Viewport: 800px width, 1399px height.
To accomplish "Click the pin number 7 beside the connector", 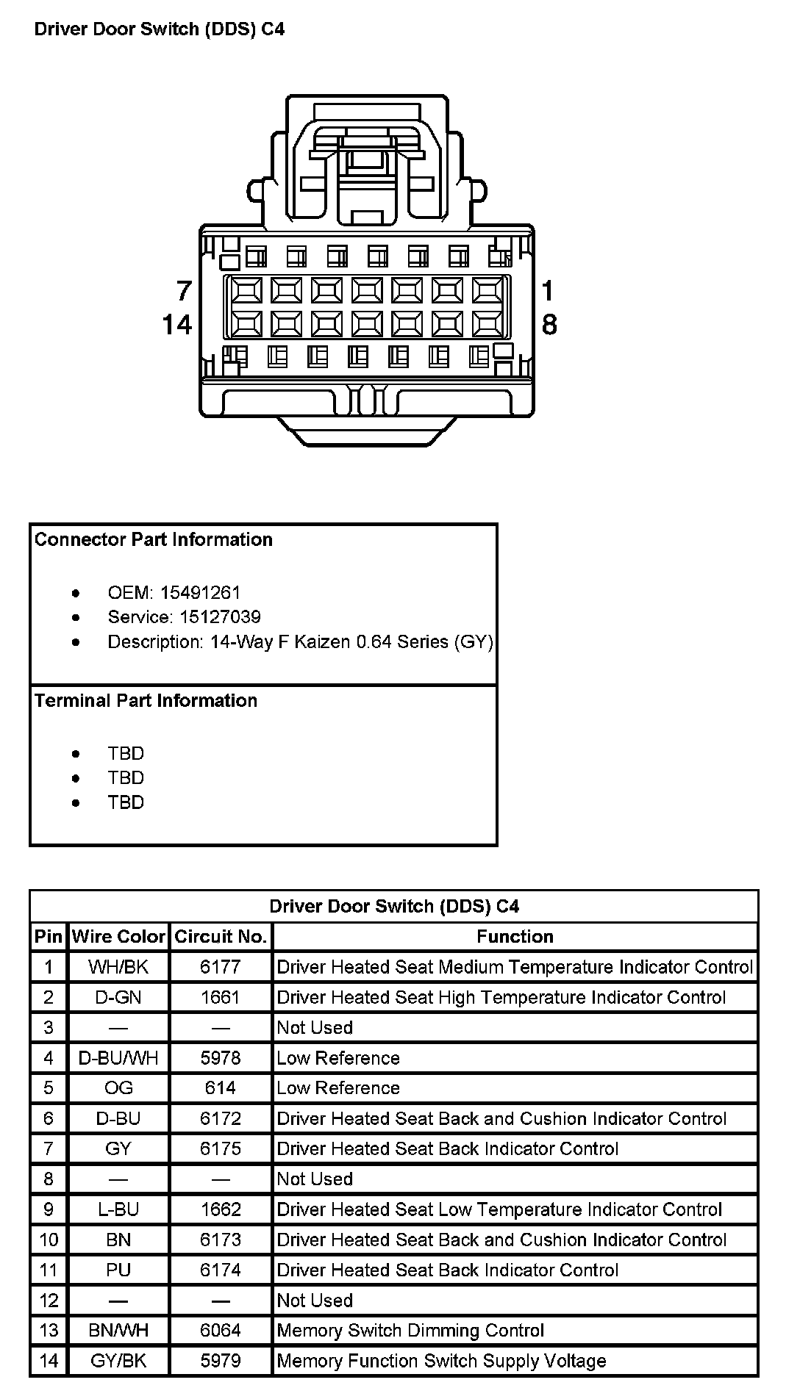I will pyautogui.click(x=184, y=291).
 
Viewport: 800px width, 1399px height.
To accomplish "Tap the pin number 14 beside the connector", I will pyautogui.click(x=177, y=324).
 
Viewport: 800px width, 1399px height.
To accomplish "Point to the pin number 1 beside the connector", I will pyautogui.click(x=547, y=291).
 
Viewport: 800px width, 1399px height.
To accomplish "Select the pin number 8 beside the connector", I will pyautogui.click(x=549, y=324).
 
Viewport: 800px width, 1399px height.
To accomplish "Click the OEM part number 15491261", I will pyautogui.click(x=200, y=592).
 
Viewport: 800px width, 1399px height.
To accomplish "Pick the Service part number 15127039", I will pyautogui.click(x=221, y=616).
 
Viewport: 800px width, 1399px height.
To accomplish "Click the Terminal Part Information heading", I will pyautogui.click(x=146, y=700).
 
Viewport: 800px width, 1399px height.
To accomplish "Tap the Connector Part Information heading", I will pyautogui.click(x=154, y=539).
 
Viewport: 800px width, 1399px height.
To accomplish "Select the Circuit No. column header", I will pyautogui.click(x=221, y=937).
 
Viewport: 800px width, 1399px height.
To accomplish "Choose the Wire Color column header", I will pyautogui.click(x=118, y=937).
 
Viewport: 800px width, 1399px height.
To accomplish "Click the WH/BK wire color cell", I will pyautogui.click(x=118, y=967).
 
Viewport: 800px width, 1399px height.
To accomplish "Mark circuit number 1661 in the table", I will pyautogui.click(x=221, y=997).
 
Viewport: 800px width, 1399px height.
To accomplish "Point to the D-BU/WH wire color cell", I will pyautogui.click(x=118, y=1058).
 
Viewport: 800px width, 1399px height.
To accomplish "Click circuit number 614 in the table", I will pyautogui.click(x=221, y=1088).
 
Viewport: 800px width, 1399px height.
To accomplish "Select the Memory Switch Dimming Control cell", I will pyautogui.click(x=410, y=1331).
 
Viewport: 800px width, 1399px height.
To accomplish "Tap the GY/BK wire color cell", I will pyautogui.click(x=118, y=1361).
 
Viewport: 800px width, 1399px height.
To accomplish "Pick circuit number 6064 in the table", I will pyautogui.click(x=221, y=1331).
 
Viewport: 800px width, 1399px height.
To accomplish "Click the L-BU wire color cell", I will pyautogui.click(x=118, y=1209).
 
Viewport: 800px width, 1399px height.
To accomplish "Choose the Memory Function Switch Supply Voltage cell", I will pyautogui.click(x=441, y=1361).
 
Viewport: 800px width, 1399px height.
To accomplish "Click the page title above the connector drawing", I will pyautogui.click(x=160, y=29).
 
